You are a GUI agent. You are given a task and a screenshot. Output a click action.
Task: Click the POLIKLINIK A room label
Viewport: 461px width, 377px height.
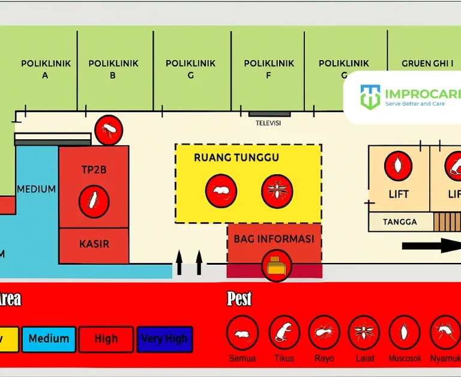pos(46,69)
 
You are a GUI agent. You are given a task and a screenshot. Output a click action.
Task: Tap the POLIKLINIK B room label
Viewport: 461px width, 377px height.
pos(113,69)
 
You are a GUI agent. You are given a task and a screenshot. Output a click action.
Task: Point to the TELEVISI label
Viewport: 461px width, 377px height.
pos(268,123)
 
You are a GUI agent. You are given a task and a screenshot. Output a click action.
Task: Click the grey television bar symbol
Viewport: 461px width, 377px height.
pos(270,113)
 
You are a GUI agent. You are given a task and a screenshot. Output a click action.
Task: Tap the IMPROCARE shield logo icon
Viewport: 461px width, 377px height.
pos(370,97)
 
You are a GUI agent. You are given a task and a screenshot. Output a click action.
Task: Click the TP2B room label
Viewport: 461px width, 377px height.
pos(94,170)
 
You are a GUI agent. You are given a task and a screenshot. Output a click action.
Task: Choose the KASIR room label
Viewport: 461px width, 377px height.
pos(94,244)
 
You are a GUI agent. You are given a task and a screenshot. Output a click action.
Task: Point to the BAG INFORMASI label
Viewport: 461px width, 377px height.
pos(274,239)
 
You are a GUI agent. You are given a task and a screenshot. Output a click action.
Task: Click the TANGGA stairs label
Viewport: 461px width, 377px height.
pos(400,222)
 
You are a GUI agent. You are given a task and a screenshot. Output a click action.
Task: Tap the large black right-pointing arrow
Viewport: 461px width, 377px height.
pos(429,244)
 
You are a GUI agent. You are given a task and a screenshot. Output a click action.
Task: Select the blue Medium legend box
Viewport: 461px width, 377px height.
pos(49,339)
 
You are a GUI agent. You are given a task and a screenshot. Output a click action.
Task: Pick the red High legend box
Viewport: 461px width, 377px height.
pos(106,339)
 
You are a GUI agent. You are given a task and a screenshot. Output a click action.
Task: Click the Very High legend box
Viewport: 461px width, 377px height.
pos(164,339)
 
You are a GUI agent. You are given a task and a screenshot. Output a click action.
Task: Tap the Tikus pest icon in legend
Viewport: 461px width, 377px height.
pos(284,332)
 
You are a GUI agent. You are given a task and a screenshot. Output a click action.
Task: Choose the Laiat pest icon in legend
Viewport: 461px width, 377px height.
pos(364,332)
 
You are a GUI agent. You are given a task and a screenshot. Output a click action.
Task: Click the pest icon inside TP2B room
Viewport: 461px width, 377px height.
pos(94,201)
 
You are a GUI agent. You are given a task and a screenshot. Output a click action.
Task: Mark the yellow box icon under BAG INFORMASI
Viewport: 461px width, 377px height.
pos(277,266)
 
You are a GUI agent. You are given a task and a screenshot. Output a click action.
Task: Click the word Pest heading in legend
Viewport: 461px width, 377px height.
pos(239,298)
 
